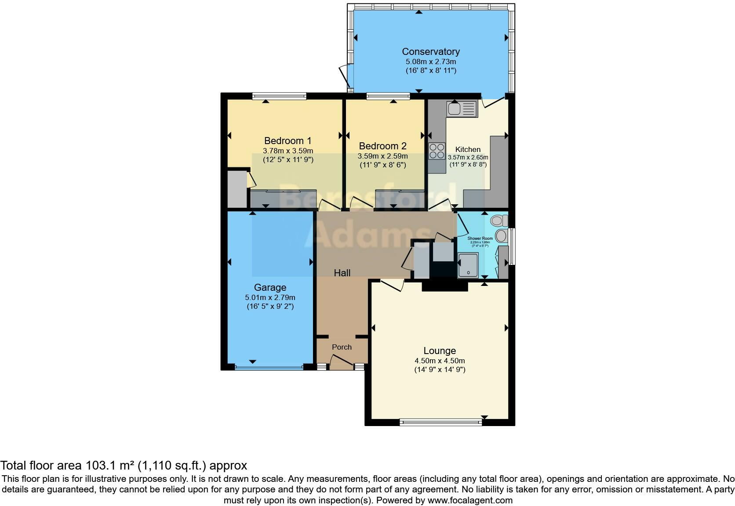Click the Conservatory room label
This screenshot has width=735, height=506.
pyautogui.click(x=431, y=52)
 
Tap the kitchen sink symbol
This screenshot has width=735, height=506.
pyautogui.click(x=462, y=108)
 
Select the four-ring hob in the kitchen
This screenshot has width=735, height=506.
pyautogui.click(x=437, y=151)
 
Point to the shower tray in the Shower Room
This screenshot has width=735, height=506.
pyautogui.click(x=468, y=265)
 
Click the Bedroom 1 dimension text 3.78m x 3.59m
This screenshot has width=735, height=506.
pyautogui.click(x=287, y=151)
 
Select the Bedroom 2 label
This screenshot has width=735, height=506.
pyautogui.click(x=382, y=146)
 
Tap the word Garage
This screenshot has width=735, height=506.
pyautogui.click(x=270, y=288)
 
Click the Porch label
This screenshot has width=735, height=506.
pyautogui.click(x=342, y=347)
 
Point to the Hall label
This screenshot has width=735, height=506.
pyautogui.click(x=342, y=273)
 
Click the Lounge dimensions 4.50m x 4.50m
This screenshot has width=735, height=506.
pyautogui.click(x=440, y=361)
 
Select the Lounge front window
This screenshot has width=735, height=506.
pyautogui.click(x=440, y=423)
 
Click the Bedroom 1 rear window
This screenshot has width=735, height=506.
pyautogui.click(x=279, y=96)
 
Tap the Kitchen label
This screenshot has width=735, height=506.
pyautogui.click(x=468, y=149)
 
